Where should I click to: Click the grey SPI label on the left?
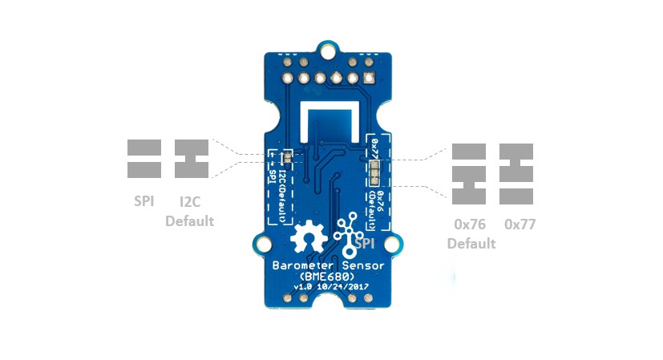(144, 201)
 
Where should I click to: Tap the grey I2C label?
(190, 201)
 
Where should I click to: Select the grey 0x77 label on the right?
(519, 224)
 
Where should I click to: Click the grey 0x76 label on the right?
(471, 224)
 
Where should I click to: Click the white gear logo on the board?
(305, 238)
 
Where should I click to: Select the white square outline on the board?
(329, 119)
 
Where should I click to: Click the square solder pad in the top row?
(368, 79)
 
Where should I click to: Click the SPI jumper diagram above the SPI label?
(144, 159)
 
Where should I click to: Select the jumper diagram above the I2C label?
(192, 159)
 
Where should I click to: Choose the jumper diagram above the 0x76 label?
(469, 173)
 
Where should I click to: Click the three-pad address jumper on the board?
(376, 172)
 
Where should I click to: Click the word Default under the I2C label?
(190, 220)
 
